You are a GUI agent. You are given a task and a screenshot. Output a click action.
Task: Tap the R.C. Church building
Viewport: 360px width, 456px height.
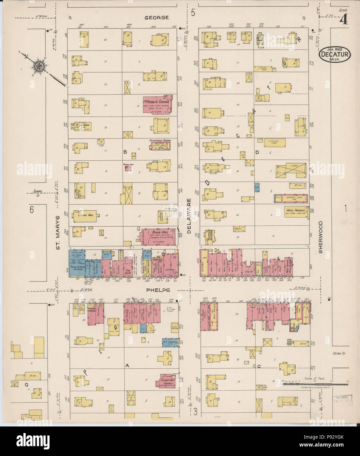pyautogui.click(x=81, y=126)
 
